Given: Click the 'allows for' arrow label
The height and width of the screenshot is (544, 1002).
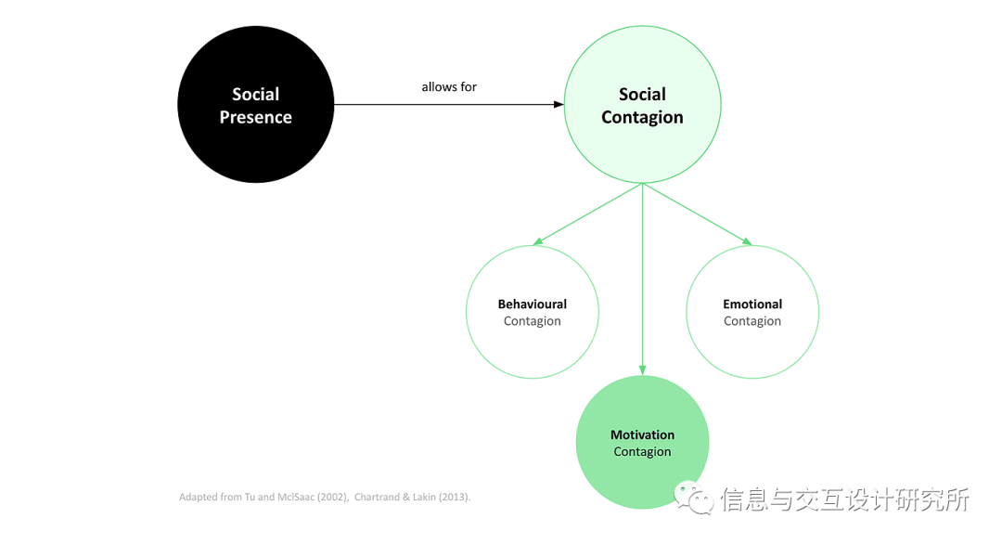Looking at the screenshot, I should click(449, 87).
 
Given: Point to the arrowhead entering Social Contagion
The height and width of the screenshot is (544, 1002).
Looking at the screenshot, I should click(559, 105).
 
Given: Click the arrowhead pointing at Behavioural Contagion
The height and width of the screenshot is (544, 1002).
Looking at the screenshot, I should click(536, 243).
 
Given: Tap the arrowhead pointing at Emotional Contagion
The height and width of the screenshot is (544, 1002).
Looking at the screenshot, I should click(747, 243).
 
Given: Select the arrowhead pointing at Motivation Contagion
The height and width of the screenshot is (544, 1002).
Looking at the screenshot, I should click(642, 369).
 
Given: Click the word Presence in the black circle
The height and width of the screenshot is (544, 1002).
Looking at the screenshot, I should click(255, 118).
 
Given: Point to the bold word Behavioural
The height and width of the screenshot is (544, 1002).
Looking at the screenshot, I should click(532, 304).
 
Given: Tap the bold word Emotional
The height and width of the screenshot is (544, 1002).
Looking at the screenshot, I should click(752, 304).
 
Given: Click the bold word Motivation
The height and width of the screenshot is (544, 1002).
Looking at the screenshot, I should click(642, 435).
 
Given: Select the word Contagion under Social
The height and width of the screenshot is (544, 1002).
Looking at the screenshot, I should click(642, 118).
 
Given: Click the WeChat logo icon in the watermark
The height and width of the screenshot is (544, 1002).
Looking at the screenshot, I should click(694, 499).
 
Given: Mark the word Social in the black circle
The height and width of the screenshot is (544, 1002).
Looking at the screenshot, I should click(255, 95).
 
